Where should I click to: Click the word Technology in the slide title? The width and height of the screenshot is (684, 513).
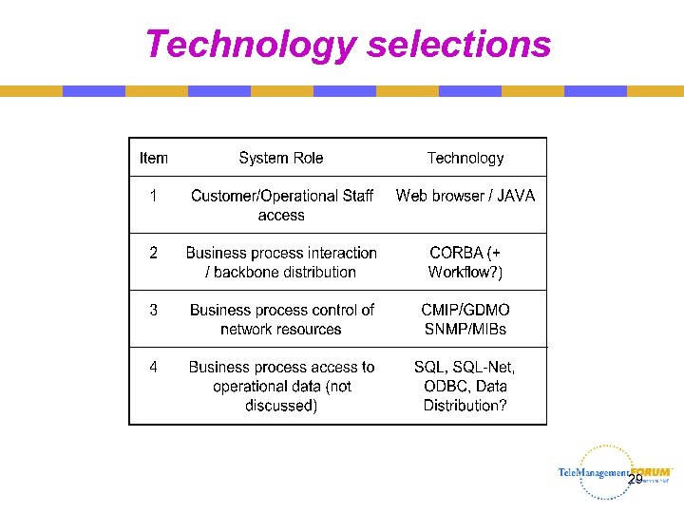click(x=250, y=44)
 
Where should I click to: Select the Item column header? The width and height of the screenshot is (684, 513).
click(x=154, y=159)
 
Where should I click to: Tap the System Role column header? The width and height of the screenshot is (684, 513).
click(x=281, y=159)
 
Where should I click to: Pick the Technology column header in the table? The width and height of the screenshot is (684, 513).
click(x=465, y=159)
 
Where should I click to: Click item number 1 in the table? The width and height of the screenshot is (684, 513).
click(x=153, y=196)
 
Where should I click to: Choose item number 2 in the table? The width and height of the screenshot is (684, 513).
click(x=153, y=253)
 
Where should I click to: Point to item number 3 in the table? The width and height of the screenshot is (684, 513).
click(x=153, y=310)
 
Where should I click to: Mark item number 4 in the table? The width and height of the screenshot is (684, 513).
click(x=153, y=367)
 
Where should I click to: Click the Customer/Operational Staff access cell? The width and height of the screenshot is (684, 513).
click(x=282, y=205)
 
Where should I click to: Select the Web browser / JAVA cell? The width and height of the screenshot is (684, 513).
click(x=465, y=196)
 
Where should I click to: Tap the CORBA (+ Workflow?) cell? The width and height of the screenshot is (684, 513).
click(x=465, y=262)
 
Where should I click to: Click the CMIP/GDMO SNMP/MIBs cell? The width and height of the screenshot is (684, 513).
click(x=465, y=319)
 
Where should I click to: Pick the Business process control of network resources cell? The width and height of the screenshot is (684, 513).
click(x=282, y=319)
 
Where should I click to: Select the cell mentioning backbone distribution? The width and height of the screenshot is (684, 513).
click(x=281, y=262)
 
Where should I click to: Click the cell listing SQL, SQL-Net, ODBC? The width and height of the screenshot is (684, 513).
click(x=465, y=386)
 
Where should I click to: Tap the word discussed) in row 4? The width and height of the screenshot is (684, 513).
click(x=281, y=406)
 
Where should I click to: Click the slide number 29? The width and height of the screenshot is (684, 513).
click(x=635, y=480)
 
